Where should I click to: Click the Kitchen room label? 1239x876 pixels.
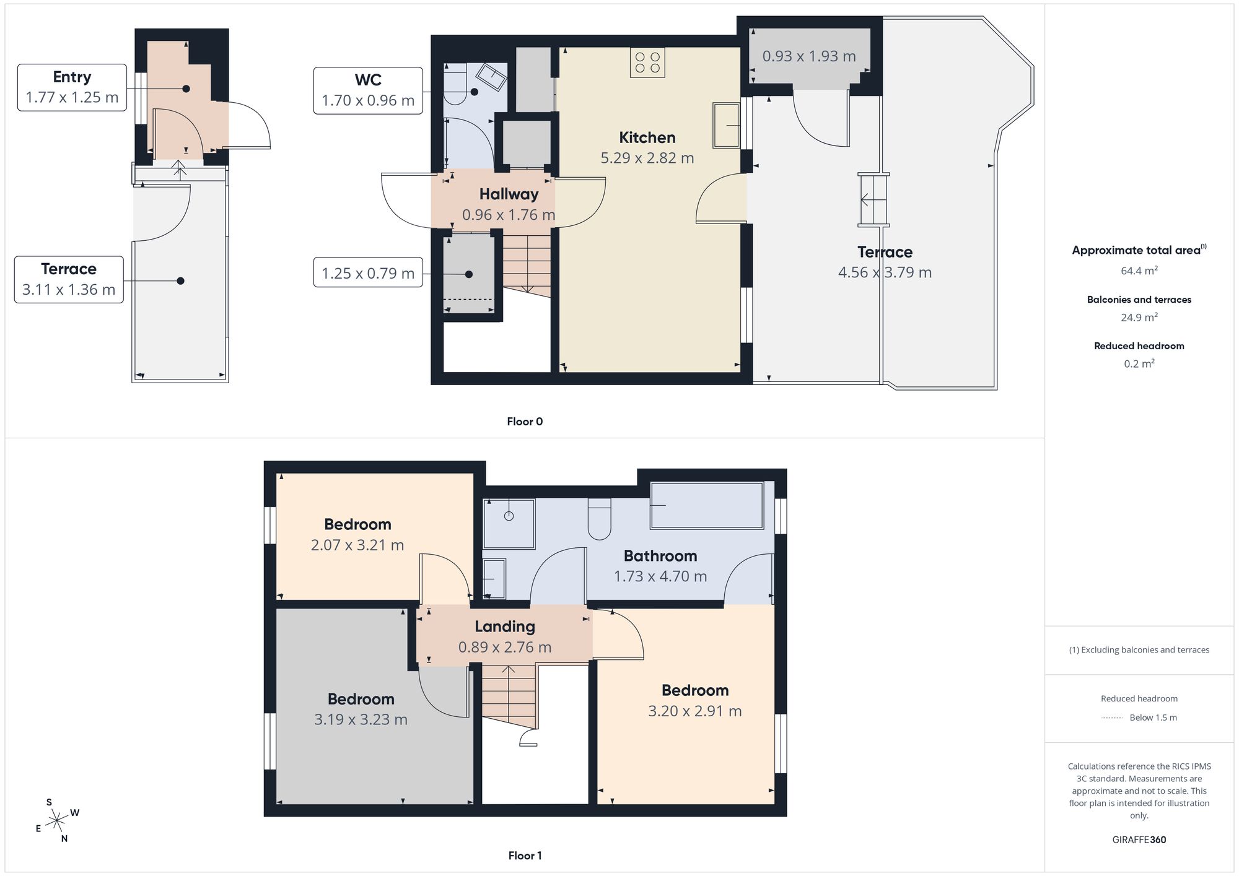647,137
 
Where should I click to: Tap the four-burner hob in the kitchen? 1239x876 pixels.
647,63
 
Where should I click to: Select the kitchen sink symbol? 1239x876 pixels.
727,126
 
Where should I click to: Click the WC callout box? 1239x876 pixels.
368,91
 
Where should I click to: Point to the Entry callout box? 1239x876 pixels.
72,87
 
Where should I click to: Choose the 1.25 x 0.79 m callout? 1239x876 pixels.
368,272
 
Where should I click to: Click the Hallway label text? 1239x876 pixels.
509,194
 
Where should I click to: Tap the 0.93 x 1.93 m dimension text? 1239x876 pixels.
809,56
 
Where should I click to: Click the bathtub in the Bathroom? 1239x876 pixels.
707,506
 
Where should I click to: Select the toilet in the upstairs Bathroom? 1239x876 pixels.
599,519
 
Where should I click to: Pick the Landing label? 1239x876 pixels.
505,627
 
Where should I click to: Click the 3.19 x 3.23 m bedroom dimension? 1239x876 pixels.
361,719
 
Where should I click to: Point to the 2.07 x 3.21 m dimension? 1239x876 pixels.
357,545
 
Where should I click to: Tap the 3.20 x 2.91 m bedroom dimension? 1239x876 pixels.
695,711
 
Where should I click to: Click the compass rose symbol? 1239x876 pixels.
57,821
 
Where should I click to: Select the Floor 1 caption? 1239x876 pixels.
525,856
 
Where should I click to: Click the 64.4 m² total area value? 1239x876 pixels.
1139,271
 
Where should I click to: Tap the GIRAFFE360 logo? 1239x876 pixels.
1139,840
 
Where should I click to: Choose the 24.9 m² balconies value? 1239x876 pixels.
1139,317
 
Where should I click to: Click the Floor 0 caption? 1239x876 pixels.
525,422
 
